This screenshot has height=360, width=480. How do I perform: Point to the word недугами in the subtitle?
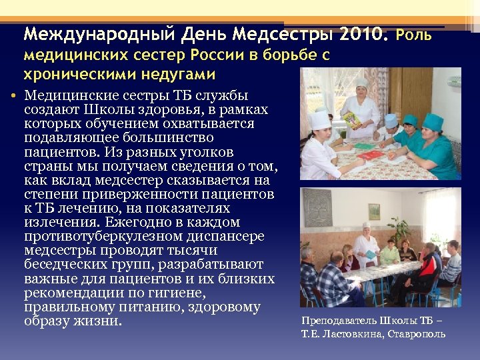coord(178,73)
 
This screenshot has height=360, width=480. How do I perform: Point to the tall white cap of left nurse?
coord(320,119)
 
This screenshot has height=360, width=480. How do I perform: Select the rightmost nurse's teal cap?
coord(433,121)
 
